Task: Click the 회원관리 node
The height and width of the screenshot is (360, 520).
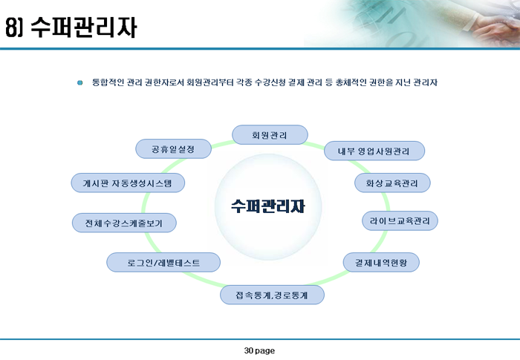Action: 270,135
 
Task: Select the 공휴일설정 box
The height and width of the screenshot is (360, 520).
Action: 173,149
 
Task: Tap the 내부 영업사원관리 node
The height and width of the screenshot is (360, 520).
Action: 374,151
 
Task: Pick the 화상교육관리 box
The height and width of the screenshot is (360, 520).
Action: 392,183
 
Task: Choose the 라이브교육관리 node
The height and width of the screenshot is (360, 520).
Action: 400,220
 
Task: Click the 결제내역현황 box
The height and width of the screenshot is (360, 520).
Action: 381,263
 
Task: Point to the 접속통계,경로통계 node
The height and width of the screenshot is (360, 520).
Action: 272,295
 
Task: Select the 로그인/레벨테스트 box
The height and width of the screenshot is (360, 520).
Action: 163,263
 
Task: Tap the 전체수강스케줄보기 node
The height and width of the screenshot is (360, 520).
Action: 124,223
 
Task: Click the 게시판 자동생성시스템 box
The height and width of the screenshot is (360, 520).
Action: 128,183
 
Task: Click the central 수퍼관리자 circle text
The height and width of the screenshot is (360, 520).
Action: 268,206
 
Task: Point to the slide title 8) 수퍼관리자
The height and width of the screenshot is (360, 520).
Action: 71,27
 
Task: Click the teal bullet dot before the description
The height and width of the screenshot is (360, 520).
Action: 80,82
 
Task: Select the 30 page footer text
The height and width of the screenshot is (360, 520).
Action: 259,350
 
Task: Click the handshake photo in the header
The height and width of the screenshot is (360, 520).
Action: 412,23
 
